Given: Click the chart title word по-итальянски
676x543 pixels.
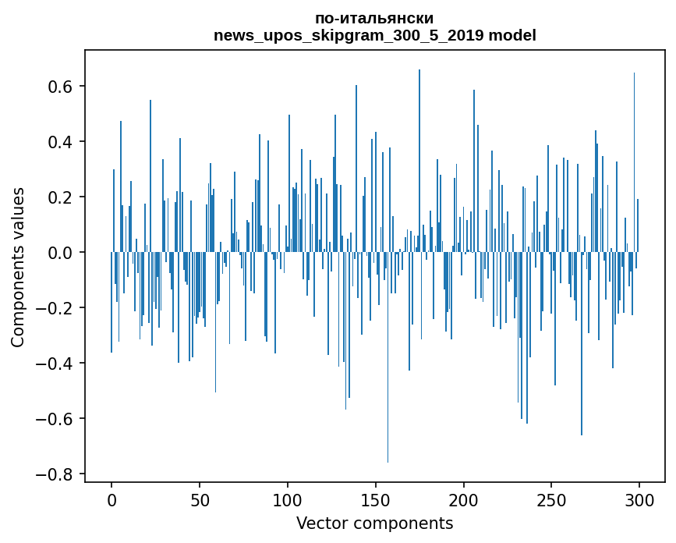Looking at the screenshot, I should coord(374,18).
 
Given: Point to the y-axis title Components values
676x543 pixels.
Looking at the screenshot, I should coord(17,267).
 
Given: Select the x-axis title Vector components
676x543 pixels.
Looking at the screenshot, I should coord(374,523).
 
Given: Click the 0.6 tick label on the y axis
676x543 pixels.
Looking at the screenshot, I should coord(62,87).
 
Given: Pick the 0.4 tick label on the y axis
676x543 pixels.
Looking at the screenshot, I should coord(62,142).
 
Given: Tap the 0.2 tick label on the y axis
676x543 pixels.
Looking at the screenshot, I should coord(62,197).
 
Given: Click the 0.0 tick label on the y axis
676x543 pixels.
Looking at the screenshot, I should coord(62,253).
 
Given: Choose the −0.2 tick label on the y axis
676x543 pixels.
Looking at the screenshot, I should coord(56,308).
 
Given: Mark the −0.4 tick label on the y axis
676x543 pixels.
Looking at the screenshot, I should coord(56,364).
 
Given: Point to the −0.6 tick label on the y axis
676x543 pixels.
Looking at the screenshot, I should coord(56,419).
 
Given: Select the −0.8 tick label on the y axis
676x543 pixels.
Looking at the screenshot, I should coord(56,474).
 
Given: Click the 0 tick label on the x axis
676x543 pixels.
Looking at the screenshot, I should coord(111,499).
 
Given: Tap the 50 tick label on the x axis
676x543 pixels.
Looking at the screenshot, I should coord(200,499).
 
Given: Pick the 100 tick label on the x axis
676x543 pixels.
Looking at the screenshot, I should coord(288,499).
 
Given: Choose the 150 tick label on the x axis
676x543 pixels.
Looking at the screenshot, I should coord(376,499).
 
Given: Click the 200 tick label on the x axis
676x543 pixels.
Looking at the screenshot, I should coord(464,499).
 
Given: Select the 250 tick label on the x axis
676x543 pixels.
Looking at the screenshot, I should coord(552,499).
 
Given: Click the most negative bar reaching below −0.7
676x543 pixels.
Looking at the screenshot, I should coord(388,390).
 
